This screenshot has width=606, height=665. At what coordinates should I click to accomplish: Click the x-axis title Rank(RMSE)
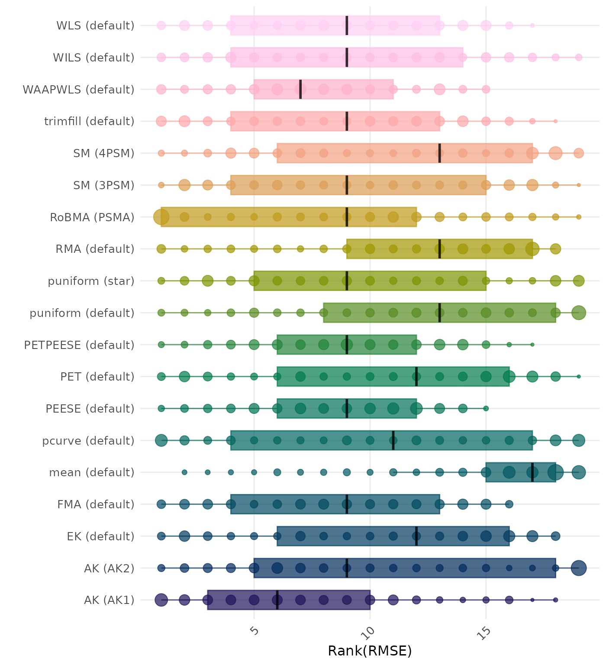tap(370, 651)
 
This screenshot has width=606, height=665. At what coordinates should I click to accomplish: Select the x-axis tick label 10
tap(369, 632)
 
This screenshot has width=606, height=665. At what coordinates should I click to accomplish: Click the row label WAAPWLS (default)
tap(78, 90)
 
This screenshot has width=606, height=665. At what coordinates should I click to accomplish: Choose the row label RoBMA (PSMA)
tap(92, 217)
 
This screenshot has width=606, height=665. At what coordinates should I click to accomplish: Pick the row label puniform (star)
tap(91, 281)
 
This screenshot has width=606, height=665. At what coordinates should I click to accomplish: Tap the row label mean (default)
tap(92, 472)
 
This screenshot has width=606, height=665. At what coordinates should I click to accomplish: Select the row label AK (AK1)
tap(109, 600)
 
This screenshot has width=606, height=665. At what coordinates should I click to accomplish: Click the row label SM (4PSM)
tap(104, 153)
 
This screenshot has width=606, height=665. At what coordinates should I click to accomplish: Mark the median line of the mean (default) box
tap(532, 472)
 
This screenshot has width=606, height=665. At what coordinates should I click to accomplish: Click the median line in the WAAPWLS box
tap(300, 89)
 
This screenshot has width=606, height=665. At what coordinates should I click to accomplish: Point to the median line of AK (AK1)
tap(277, 600)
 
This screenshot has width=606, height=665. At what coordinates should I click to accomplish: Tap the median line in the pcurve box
tap(393, 440)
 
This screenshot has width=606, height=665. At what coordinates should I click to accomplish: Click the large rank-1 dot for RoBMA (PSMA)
tap(161, 217)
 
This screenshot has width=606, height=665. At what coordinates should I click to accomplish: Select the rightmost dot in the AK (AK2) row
tap(579, 568)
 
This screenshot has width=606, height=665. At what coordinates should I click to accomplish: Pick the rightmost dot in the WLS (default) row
tap(532, 26)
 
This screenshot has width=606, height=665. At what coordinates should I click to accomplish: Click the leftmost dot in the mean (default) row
tap(184, 472)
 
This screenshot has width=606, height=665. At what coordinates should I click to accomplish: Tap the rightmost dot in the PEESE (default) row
tap(486, 408)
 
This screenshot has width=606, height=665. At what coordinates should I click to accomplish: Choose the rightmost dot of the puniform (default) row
tap(579, 313)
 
